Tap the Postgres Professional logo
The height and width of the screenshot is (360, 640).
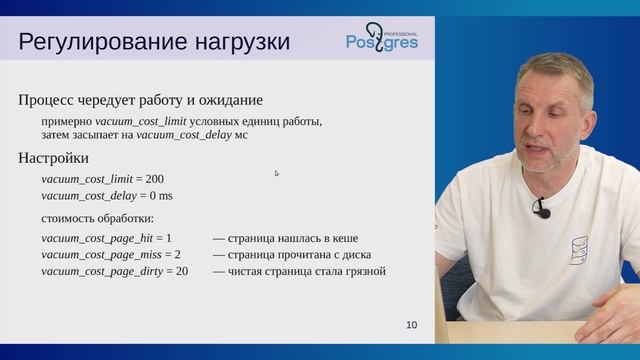point(383,38)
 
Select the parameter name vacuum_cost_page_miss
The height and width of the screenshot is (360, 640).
point(99,255)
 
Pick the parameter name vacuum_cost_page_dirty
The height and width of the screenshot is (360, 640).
point(101,271)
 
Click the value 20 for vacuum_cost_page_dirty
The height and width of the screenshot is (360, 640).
point(181,271)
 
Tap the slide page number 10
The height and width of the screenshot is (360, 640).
point(412,325)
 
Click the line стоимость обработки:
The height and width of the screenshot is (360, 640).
point(97,217)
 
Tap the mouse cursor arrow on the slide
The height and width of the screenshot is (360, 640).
point(277,173)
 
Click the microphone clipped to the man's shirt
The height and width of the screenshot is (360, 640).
point(542,208)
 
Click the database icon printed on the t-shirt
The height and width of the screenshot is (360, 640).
point(578,251)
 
